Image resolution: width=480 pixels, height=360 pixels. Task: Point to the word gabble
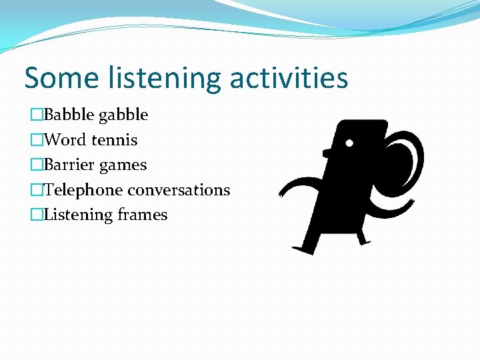pyautogui.click(x=123, y=115)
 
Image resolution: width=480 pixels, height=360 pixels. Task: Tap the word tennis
pyautogui.click(x=114, y=140)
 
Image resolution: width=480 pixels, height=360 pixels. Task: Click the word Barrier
pyautogui.click(x=69, y=165)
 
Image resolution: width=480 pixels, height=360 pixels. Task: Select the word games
pyautogui.click(x=123, y=165)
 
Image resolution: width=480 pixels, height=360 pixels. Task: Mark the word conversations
pyautogui.click(x=179, y=190)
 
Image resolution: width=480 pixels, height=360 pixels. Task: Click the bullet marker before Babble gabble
pyautogui.click(x=36, y=115)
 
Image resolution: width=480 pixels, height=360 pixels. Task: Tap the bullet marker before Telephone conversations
pyautogui.click(x=36, y=190)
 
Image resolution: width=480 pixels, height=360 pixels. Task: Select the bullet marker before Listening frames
pyautogui.click(x=36, y=215)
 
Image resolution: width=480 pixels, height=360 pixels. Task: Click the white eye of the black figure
pyautogui.click(x=349, y=142)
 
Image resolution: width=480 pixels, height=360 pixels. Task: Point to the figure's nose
pyautogui.click(x=327, y=153)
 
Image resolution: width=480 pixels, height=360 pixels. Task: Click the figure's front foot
pyautogui.click(x=304, y=247)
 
